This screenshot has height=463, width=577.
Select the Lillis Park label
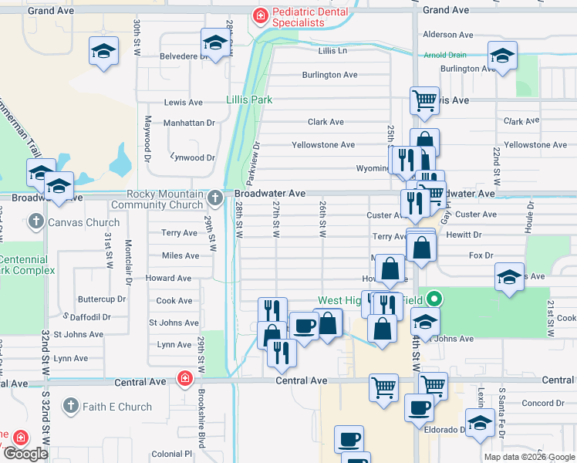point(249,100)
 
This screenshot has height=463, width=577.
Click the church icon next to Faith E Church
point(71,406)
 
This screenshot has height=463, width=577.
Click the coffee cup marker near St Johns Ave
point(304,326)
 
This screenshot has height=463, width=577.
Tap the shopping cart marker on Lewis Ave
point(424,100)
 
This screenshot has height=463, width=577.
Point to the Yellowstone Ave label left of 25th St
point(322,145)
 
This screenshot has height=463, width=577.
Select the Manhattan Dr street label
point(189,123)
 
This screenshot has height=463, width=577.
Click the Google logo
point(25,454)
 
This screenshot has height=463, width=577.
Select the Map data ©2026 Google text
point(529,457)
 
